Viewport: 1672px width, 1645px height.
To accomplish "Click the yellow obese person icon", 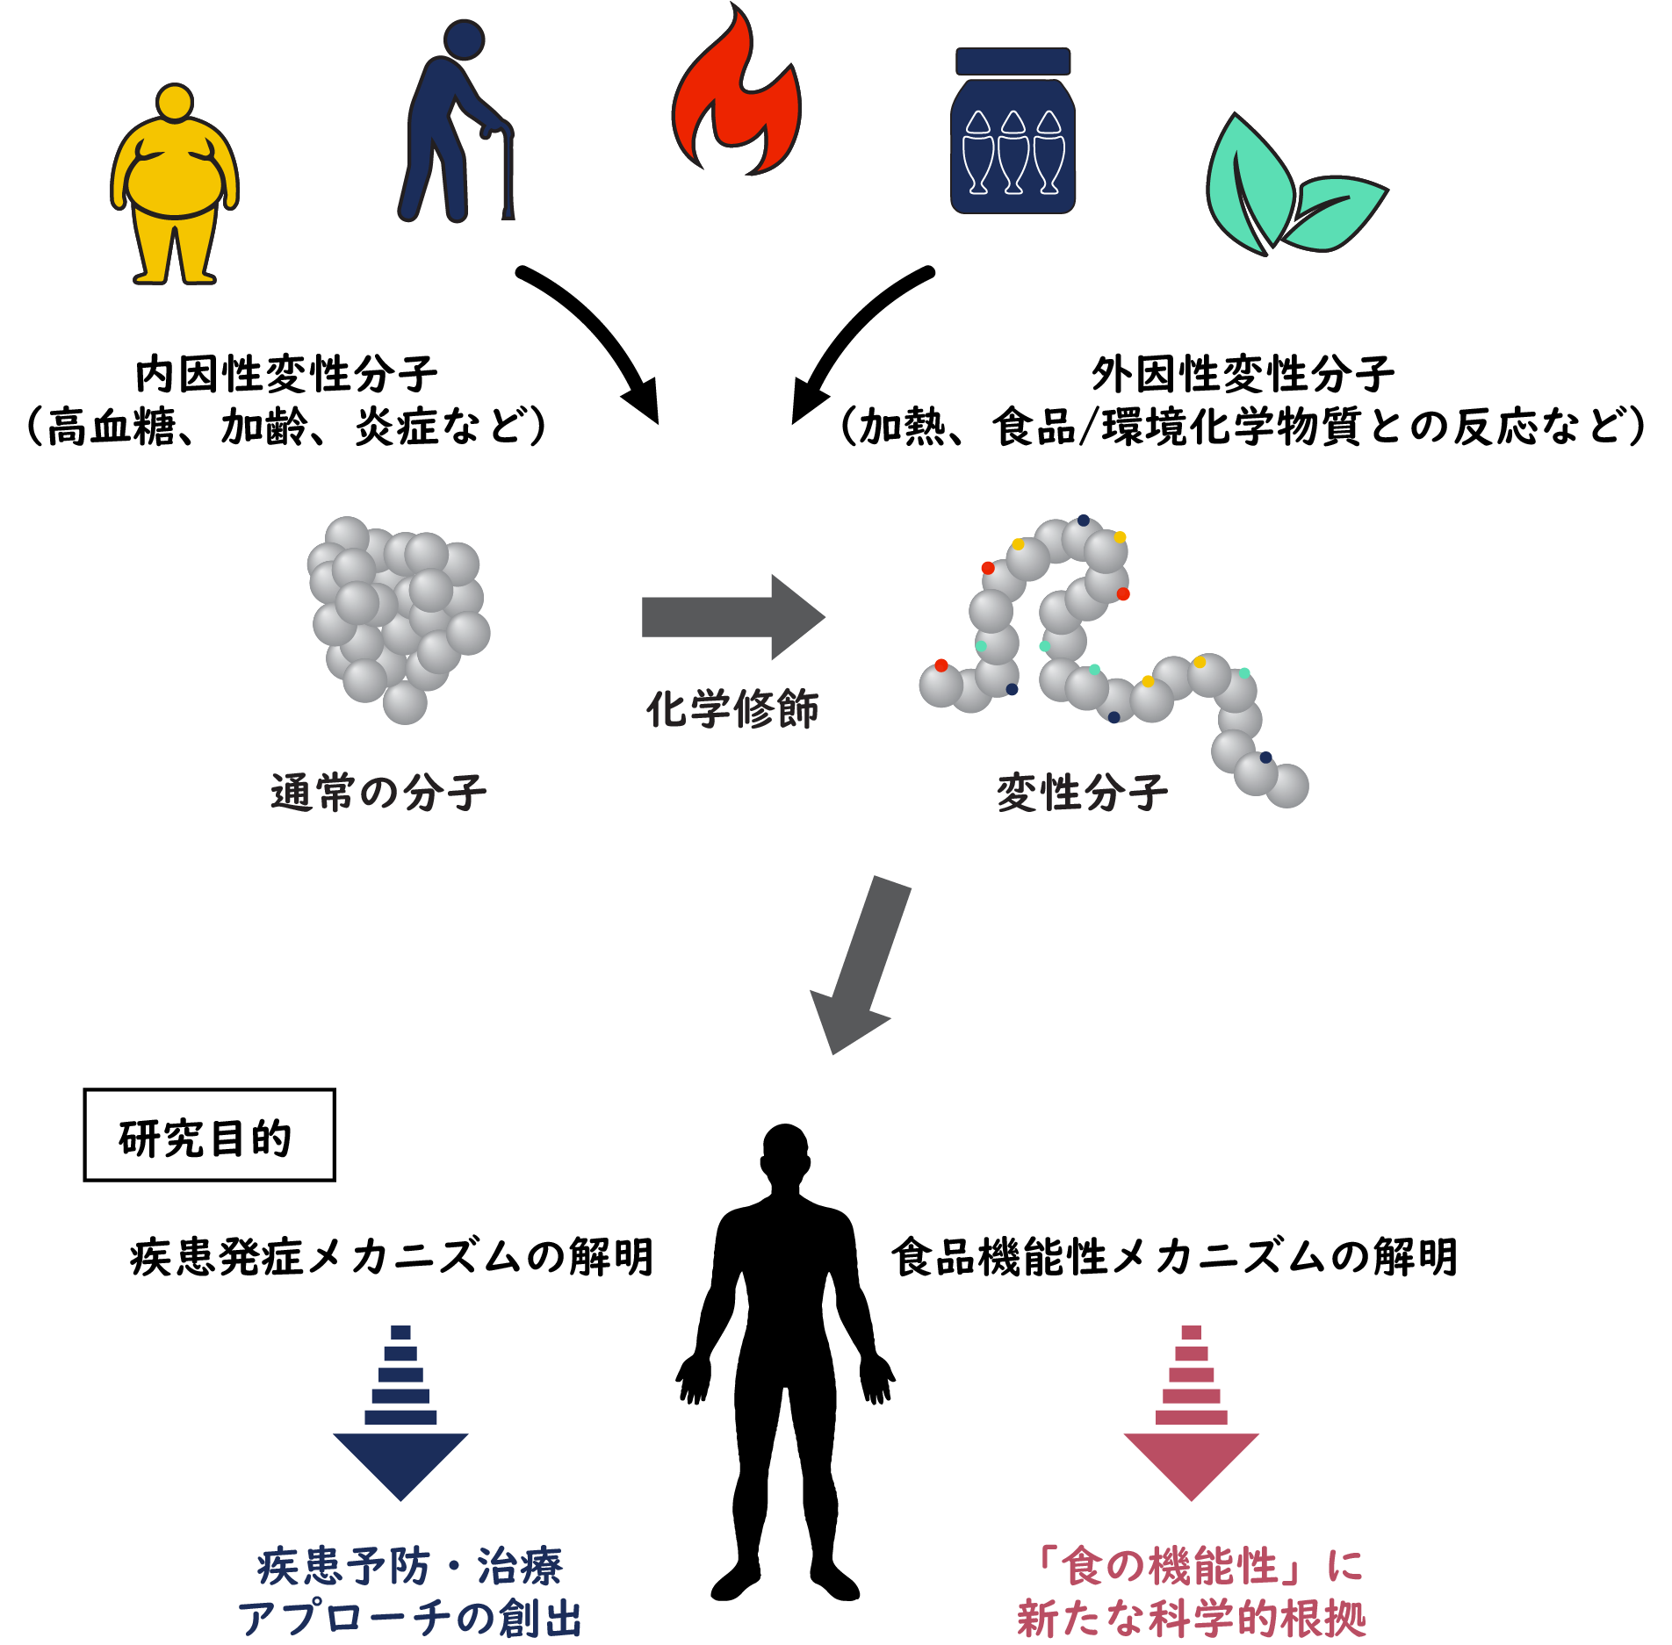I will click(175, 184).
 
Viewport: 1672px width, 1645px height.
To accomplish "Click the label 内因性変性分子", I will click(286, 375).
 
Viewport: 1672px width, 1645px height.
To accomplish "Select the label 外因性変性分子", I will click(1242, 375).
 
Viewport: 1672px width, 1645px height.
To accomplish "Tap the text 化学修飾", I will click(732, 708).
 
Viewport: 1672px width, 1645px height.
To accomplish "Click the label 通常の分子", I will click(378, 792).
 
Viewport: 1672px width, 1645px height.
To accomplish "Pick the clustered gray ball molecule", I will click(400, 614).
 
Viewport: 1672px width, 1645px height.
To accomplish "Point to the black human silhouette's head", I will click(785, 1152).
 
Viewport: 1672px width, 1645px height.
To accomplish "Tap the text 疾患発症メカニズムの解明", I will click(392, 1256).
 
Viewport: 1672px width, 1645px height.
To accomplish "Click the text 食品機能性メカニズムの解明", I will click(1174, 1256).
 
